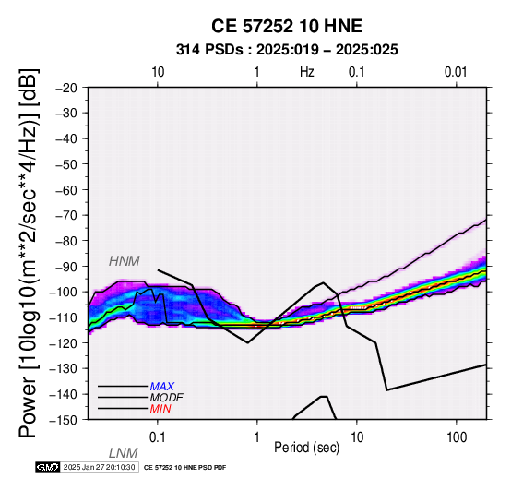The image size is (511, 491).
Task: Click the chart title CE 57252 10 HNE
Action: (x=287, y=26)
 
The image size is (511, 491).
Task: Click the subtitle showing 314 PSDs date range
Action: (x=287, y=50)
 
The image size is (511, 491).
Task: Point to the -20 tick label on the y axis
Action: (x=66, y=88)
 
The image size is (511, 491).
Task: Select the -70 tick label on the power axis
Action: (x=66, y=216)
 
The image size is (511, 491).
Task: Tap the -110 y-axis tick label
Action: (x=64, y=317)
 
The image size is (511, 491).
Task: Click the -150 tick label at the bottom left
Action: (x=64, y=420)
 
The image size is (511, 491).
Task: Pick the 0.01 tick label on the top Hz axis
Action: (x=456, y=72)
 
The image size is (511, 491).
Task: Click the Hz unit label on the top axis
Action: (x=307, y=72)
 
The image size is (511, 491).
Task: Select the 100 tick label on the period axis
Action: (x=457, y=437)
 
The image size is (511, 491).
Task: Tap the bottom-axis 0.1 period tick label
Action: (x=158, y=437)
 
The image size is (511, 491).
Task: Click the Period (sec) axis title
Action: (x=306, y=448)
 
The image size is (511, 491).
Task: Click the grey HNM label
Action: (x=125, y=261)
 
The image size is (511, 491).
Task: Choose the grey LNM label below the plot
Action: (x=124, y=453)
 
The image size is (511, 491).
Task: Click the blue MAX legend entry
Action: (x=162, y=387)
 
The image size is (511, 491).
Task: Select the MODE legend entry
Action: (x=167, y=398)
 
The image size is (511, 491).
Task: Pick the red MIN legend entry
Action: (x=160, y=409)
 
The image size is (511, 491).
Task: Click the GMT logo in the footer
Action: (x=48, y=467)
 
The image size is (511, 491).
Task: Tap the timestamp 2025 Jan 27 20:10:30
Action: (x=99, y=467)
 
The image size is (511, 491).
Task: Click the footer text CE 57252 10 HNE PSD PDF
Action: (x=184, y=468)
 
